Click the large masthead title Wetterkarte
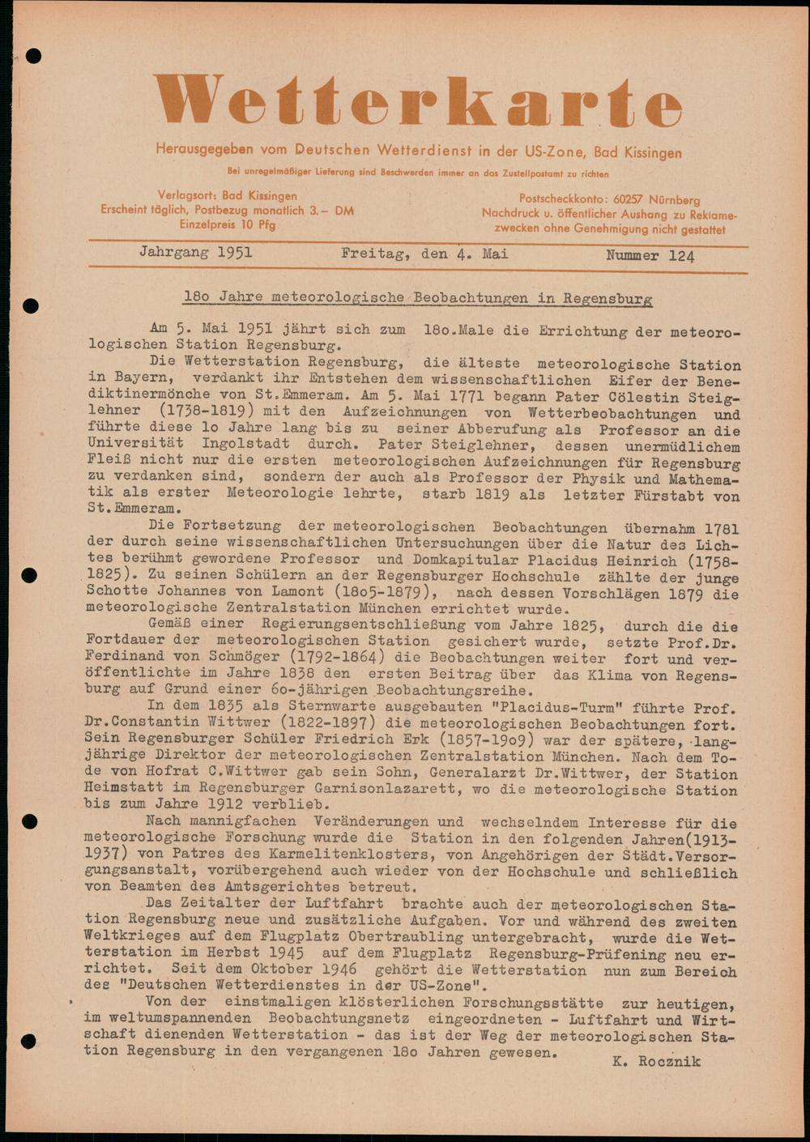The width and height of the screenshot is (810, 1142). pyautogui.click(x=417, y=103)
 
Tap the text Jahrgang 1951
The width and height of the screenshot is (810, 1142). pyautogui.click(x=195, y=253)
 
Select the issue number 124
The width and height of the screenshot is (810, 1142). pyautogui.click(x=681, y=256)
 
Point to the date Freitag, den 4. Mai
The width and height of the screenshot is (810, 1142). pyautogui.click(x=424, y=254)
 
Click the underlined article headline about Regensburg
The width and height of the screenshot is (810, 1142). pyautogui.click(x=417, y=298)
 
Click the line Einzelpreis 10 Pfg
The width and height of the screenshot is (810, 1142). pyautogui.click(x=228, y=225)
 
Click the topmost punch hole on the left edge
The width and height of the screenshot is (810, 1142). pyautogui.click(x=33, y=56)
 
